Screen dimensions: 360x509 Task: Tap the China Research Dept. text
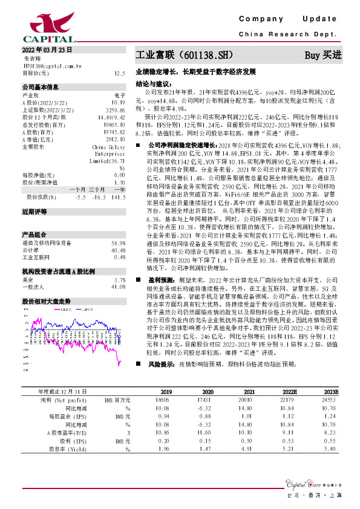point(292,36)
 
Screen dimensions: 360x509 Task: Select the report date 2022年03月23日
point(47,49)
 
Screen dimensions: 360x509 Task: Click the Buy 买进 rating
point(322,55)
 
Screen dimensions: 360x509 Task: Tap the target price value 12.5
point(119,73)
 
